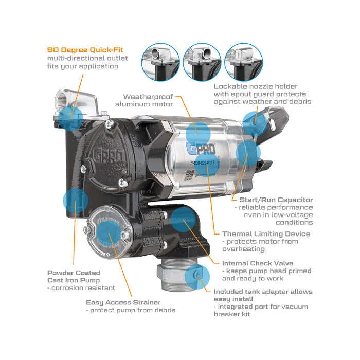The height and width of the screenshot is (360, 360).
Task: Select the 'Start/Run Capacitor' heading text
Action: coord(276,200)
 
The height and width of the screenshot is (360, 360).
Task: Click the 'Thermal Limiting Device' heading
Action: coord(266,233)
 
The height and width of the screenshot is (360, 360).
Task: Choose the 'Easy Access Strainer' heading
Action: coord(123,302)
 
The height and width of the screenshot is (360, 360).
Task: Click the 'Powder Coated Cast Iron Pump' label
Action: coord(74,276)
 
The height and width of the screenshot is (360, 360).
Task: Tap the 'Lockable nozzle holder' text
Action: coord(256,86)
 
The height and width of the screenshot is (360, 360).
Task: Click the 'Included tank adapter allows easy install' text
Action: coord(262,295)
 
